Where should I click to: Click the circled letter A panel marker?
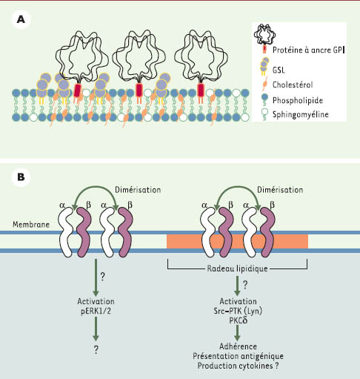(21, 19)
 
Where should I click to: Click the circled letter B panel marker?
(21, 177)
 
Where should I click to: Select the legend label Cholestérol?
(293, 85)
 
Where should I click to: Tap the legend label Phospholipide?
(298, 100)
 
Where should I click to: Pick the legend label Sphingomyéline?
(301, 114)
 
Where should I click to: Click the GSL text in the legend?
(279, 70)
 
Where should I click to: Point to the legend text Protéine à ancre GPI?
(308, 50)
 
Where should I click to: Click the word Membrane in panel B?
(31, 225)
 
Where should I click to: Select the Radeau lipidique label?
(237, 268)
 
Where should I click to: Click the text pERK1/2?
(96, 311)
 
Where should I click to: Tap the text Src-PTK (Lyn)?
(238, 311)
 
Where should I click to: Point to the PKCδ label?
(239, 320)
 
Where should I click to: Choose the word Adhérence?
(238, 346)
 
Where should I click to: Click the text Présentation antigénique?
(238, 356)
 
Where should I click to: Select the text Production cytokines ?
(238, 366)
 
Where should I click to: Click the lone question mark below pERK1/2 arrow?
(96, 349)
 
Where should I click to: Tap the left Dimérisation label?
(138, 190)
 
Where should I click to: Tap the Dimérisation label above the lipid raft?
(280, 190)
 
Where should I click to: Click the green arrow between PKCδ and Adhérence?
(237, 333)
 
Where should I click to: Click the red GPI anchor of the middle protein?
(139, 90)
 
